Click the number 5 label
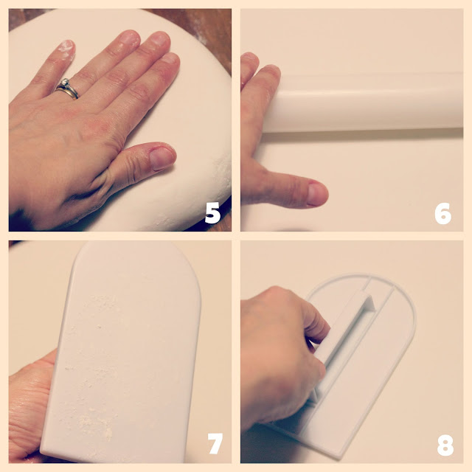[212, 213]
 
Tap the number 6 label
[442, 213]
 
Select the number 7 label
[215, 443]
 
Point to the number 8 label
[445, 445]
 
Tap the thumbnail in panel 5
[162, 158]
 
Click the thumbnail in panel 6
[316, 195]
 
